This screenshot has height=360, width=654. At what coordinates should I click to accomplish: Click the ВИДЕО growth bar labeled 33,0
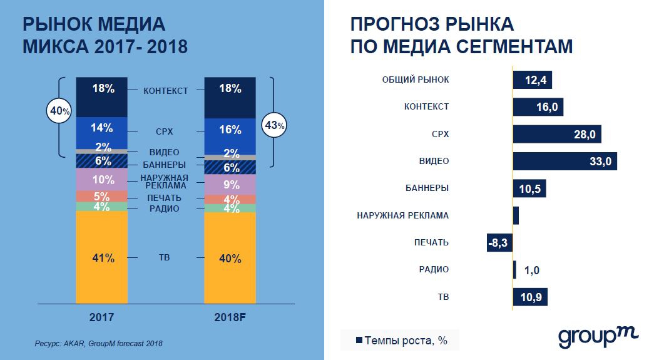tap(565, 161)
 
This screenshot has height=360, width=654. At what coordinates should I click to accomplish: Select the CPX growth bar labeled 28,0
tap(556, 134)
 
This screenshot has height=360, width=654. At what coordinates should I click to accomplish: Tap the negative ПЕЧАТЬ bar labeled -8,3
tap(499, 242)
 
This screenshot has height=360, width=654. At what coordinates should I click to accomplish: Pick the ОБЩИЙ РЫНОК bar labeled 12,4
tap(532, 80)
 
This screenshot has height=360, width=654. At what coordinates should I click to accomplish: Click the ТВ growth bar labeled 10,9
tap(529, 296)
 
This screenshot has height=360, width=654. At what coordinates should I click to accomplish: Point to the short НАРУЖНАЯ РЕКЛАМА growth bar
tap(516, 215)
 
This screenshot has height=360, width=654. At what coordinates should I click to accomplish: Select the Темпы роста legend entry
tap(401, 341)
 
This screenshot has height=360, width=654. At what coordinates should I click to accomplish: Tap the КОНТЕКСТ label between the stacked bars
tap(165, 91)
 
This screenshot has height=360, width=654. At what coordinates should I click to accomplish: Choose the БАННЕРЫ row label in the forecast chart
tap(426, 188)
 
